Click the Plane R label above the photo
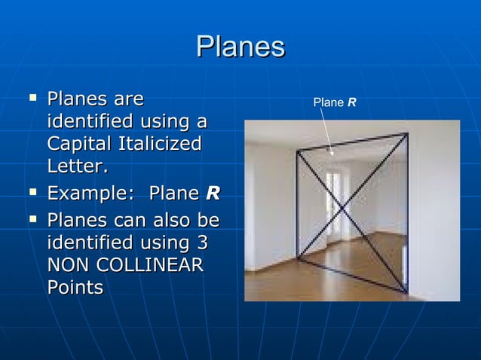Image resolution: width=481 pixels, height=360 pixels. coord(335,102)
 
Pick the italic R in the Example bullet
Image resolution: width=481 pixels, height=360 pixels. coord(213,194)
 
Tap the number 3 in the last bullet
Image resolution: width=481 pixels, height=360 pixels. coord(203,245)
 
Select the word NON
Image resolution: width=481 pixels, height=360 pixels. coord(67,266)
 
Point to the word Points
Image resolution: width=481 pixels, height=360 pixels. coord(75,288)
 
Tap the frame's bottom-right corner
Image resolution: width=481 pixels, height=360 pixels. coord(408,293)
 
